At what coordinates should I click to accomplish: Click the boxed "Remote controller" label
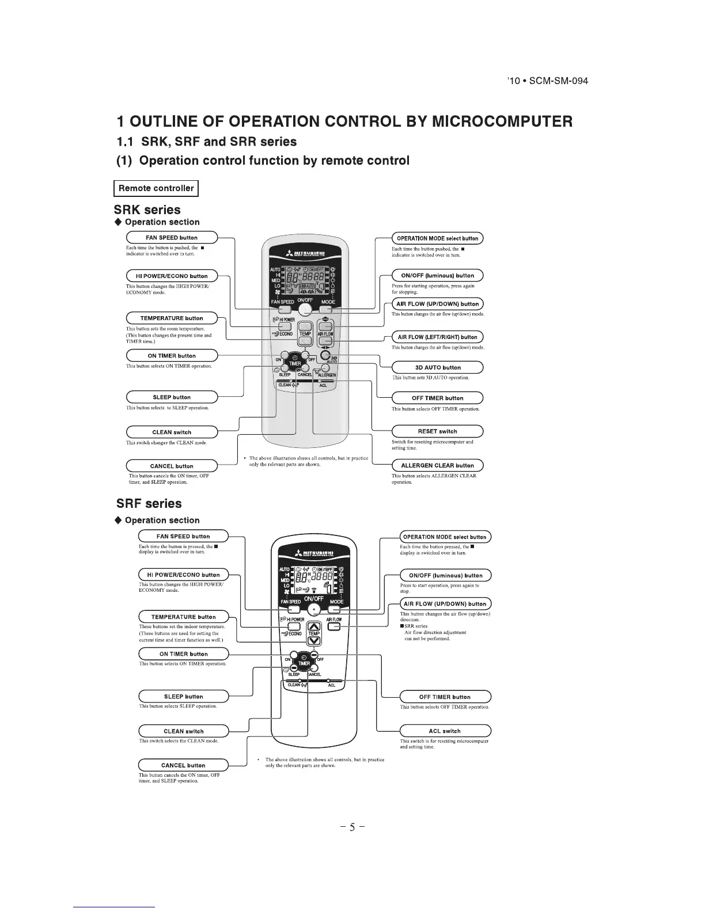[156, 188]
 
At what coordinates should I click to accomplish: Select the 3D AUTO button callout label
[438, 367]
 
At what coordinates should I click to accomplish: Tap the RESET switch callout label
[438, 431]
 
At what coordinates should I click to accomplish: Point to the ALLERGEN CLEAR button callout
[438, 465]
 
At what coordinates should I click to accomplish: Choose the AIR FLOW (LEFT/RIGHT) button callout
[438, 337]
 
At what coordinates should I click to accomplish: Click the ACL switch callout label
[445, 731]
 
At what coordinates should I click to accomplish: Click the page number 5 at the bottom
[352, 829]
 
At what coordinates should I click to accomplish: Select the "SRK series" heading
[149, 210]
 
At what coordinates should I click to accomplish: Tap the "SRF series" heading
[149, 504]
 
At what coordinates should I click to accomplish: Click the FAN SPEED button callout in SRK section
[172, 238]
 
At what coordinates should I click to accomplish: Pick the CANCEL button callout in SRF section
[183, 765]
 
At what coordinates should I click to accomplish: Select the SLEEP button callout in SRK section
[172, 397]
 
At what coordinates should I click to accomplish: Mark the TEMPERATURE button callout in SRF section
[183, 617]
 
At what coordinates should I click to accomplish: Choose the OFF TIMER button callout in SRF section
[445, 697]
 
